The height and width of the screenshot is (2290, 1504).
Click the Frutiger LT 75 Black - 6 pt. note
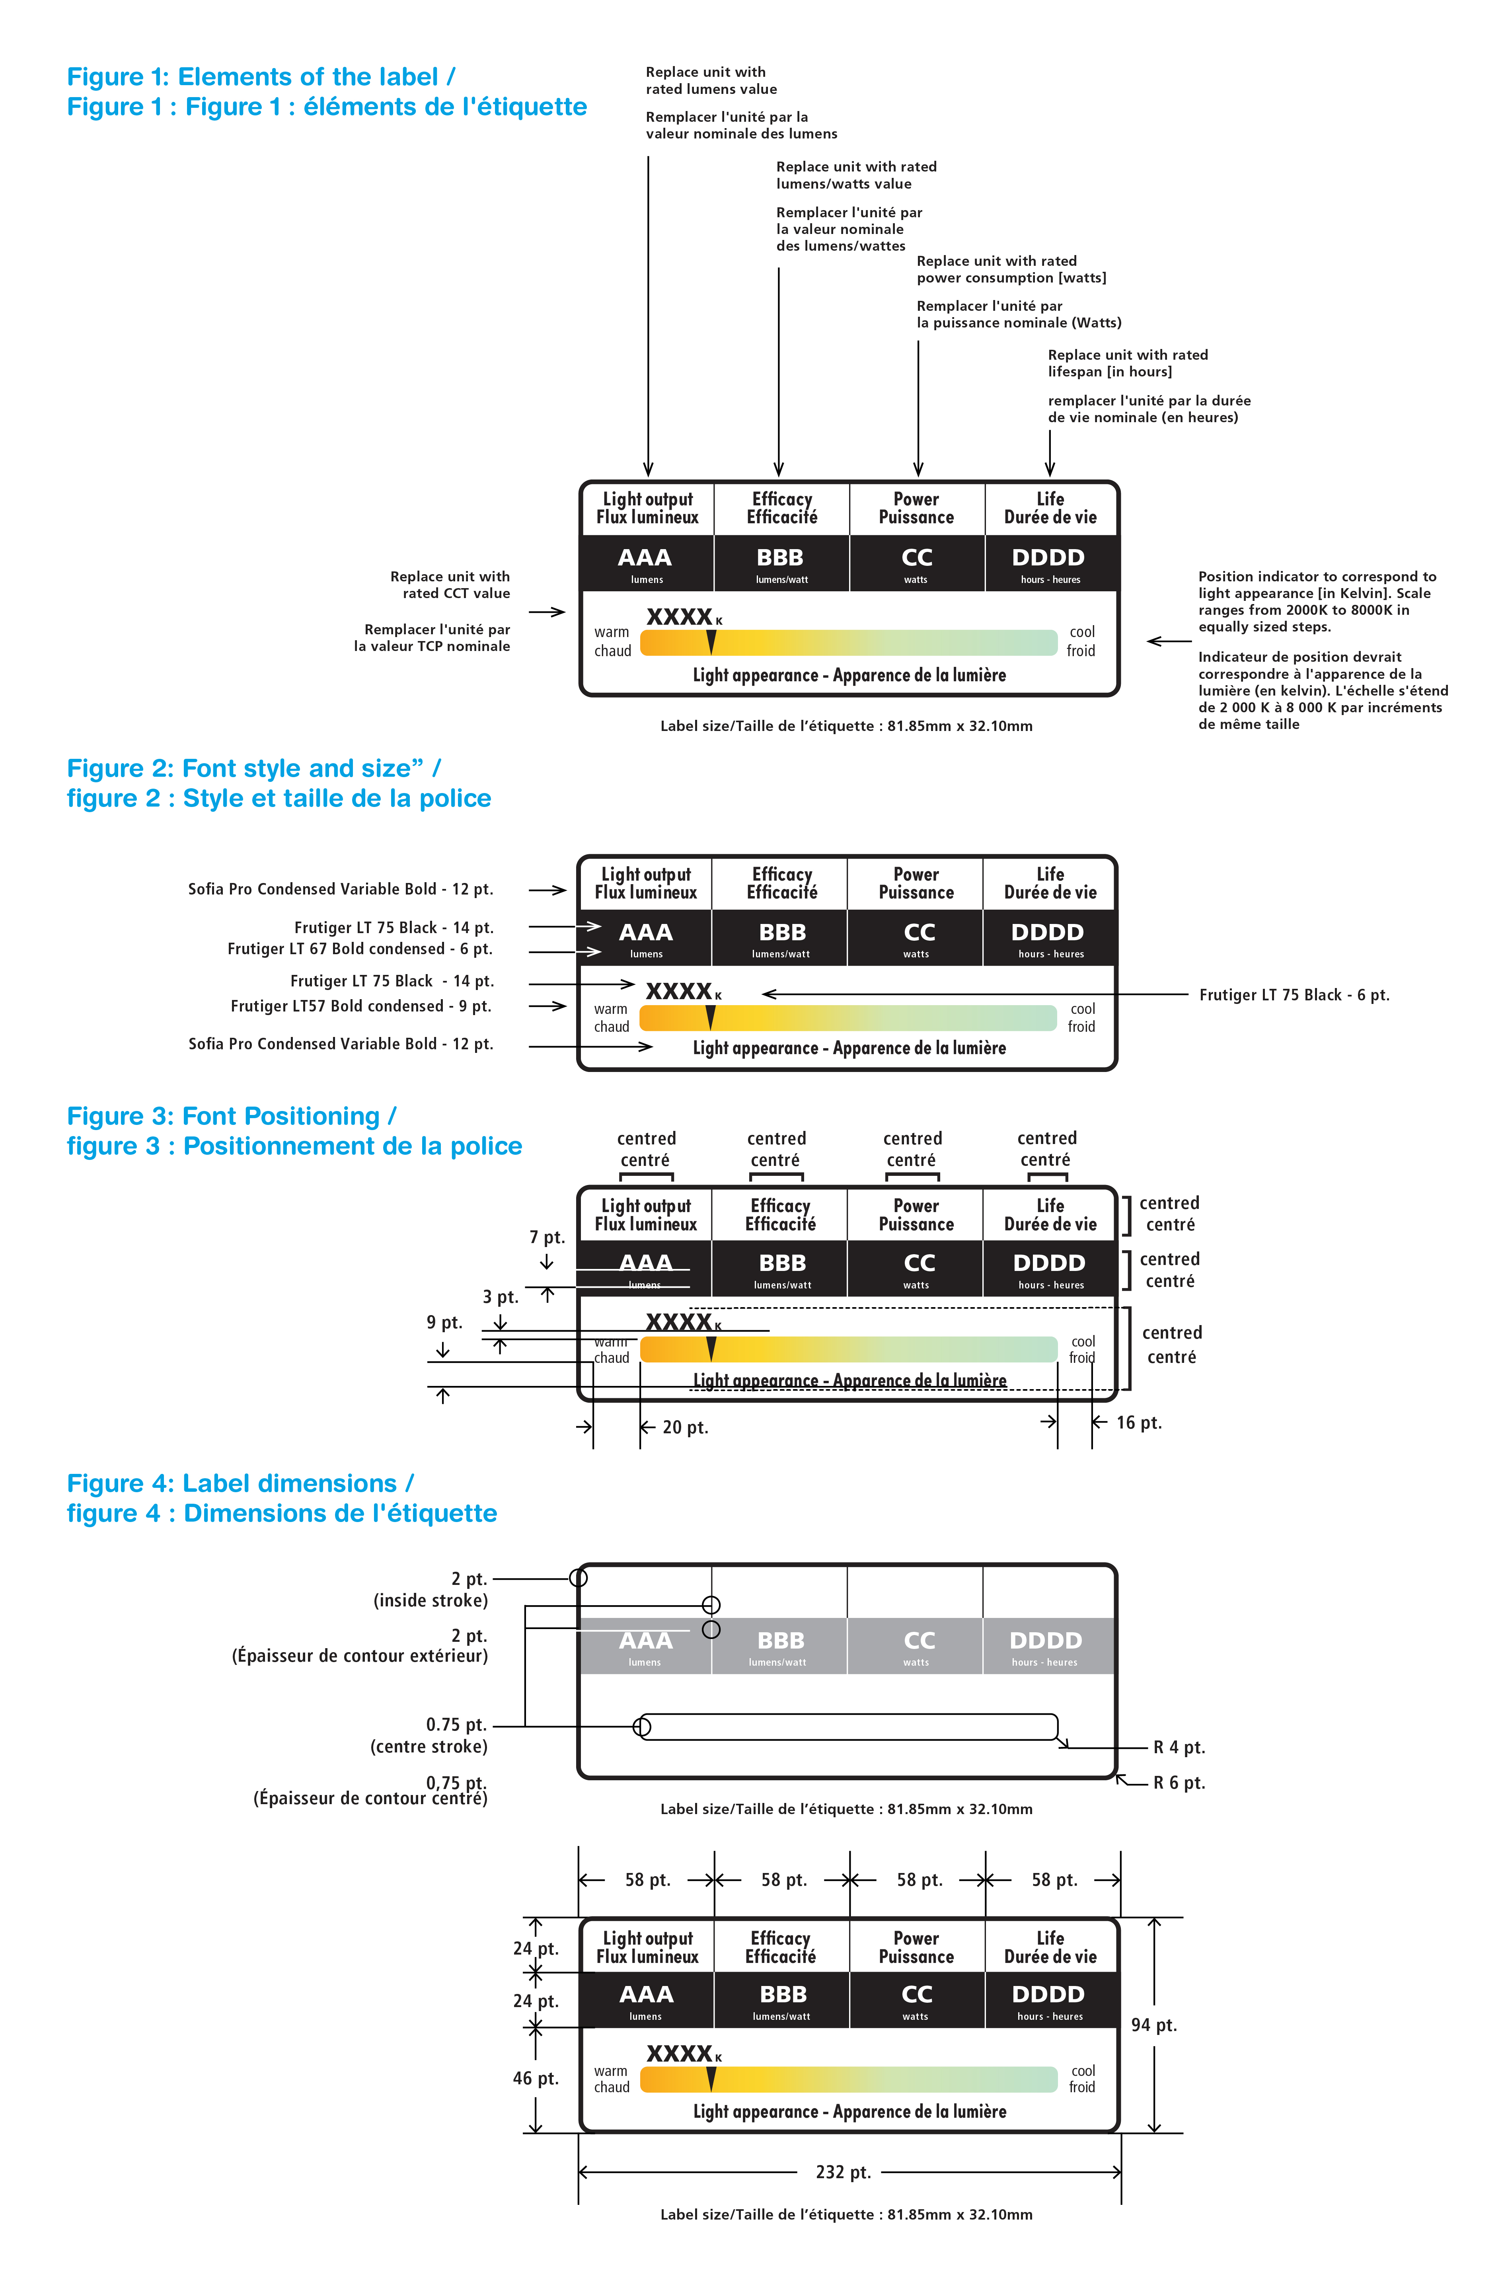1293,995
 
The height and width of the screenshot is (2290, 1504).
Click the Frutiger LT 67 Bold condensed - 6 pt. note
360,949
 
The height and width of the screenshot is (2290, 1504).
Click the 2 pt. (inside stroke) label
431,1590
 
